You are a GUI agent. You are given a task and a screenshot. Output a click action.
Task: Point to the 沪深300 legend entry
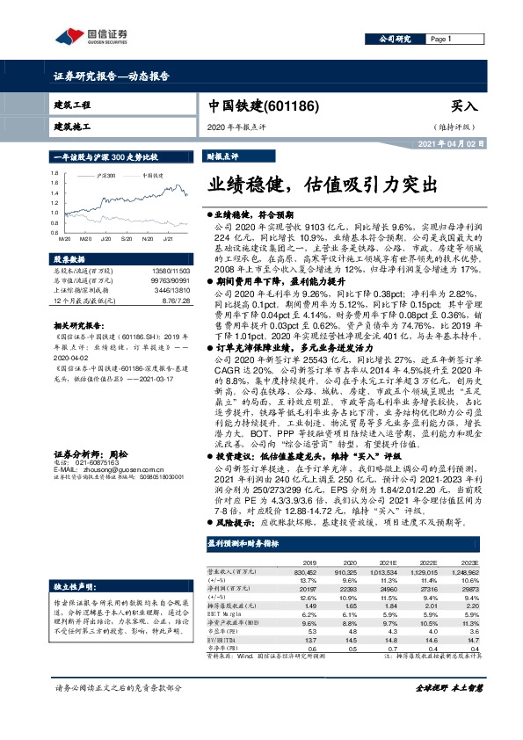click(105, 176)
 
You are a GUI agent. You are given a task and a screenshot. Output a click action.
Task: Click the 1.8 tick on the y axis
click(55, 173)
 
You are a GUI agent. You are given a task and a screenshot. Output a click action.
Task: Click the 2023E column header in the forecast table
click(469, 562)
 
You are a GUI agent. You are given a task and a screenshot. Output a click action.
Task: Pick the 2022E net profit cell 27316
click(425, 590)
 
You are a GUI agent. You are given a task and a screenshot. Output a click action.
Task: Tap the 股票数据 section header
click(69, 260)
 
